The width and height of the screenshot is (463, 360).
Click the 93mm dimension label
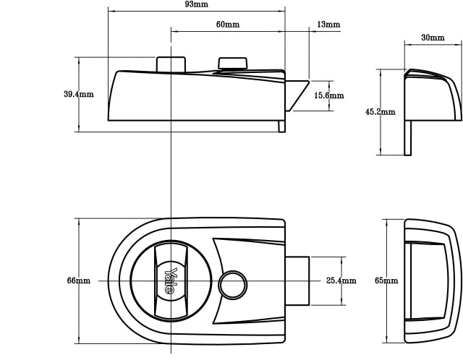point(197,4)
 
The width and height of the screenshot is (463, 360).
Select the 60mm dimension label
point(227,25)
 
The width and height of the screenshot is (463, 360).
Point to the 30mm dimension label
point(433,37)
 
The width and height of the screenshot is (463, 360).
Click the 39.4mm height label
point(78,95)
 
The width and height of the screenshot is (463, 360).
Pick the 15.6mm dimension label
point(328,95)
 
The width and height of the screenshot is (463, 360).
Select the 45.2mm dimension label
point(380,112)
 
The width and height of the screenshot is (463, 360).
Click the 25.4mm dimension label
point(341,280)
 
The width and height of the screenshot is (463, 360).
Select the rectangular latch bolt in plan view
point(297,280)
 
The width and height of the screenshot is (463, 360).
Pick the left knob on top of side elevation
point(171,64)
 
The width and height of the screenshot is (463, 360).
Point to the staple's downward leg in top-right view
point(409,137)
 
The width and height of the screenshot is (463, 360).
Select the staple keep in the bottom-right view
point(431,280)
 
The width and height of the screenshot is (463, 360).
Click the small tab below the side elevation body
point(281,126)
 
